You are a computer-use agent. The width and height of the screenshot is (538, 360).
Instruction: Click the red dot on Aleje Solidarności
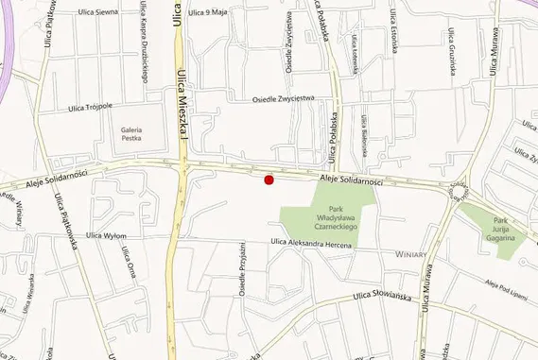point(269,180)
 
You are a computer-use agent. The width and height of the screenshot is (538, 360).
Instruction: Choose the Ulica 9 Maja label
point(209,12)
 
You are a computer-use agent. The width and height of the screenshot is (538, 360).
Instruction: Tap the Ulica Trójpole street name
point(91,108)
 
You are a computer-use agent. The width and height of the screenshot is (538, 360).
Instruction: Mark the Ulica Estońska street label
point(391,30)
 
